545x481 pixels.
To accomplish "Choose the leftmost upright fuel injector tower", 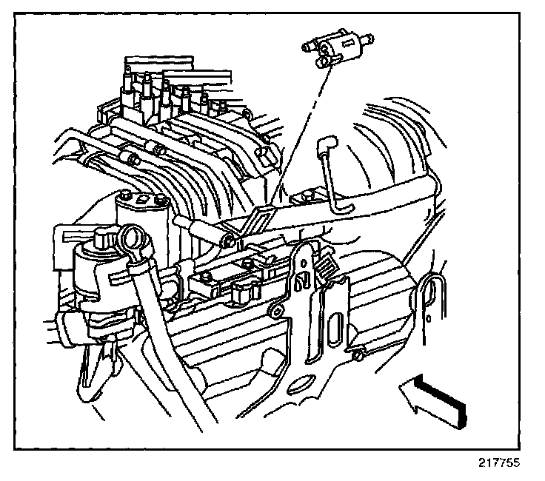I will [x=130, y=78].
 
